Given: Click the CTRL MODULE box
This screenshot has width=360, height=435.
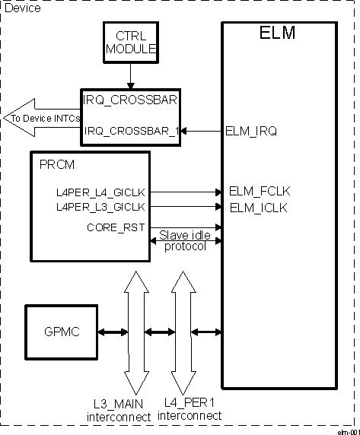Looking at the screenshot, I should pyautogui.click(x=130, y=42).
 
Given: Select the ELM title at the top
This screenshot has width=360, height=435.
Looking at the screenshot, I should pyautogui.click(x=278, y=33).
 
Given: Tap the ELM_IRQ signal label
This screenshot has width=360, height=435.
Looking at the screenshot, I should pyautogui.click(x=251, y=131).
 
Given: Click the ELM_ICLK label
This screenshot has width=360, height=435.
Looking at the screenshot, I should pyautogui.click(x=259, y=206).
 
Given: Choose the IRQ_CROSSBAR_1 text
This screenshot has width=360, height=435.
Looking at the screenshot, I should pyautogui.click(x=132, y=131).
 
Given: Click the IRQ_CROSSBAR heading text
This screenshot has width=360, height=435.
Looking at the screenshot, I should pyautogui.click(x=121, y=99).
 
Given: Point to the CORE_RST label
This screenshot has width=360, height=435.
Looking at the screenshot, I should pyautogui.click(x=113, y=227).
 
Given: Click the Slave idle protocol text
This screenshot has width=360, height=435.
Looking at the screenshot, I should pyautogui.click(x=184, y=240).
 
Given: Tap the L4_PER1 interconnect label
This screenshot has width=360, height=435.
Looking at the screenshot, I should pyautogui.click(x=193, y=410).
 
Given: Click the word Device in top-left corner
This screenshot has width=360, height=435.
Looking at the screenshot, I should pyautogui.click(x=24, y=8).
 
